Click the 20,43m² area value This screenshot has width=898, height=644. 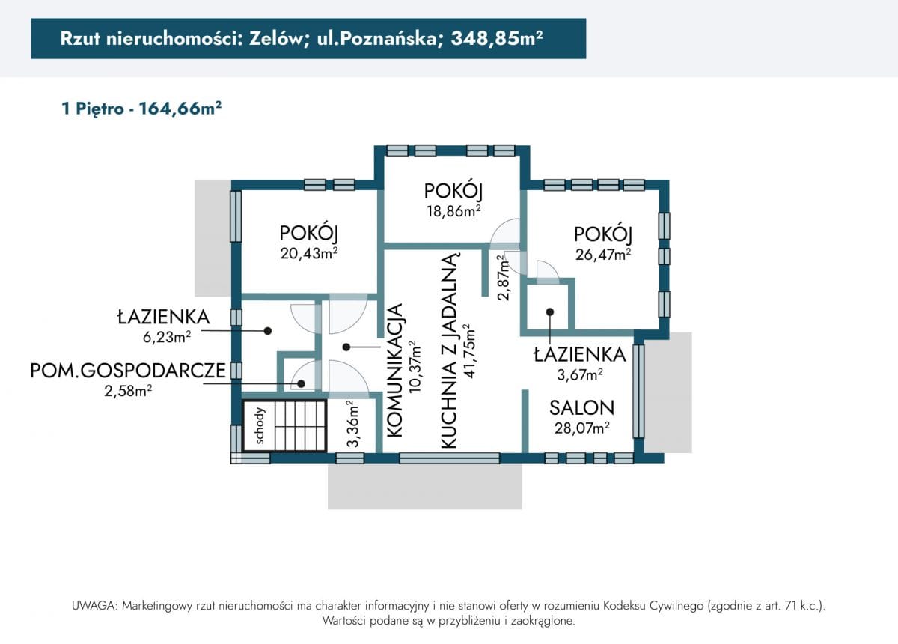click(309, 253)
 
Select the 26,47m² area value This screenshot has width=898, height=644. click(602, 254)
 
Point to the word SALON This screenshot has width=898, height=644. click(581, 408)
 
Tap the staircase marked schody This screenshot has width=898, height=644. click(285, 426)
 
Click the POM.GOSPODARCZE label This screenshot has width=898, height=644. click(128, 371)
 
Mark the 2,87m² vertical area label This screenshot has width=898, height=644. click(504, 276)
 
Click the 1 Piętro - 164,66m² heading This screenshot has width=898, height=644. click(141, 109)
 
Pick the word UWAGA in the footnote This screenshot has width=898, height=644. click(93, 605)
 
